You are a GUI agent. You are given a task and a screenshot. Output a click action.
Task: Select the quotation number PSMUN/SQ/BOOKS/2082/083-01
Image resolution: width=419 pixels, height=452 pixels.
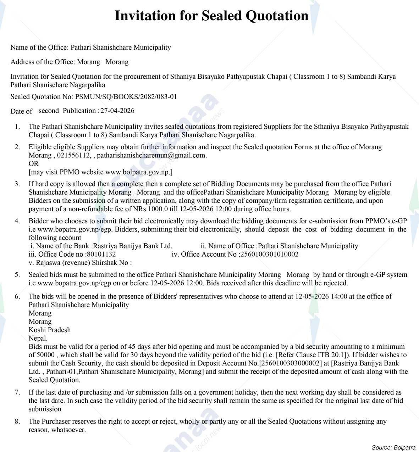coord(126,97)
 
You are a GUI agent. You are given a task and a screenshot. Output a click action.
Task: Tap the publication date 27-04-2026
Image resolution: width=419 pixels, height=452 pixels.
coord(117,111)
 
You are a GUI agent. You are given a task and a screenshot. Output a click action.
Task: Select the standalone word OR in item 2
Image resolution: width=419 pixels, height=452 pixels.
coord(34,164)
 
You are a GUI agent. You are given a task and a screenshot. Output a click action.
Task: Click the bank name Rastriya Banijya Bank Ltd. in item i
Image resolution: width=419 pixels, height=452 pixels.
coord(132,246)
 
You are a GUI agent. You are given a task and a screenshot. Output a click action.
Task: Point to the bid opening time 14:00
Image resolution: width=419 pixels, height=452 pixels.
coord(339,296)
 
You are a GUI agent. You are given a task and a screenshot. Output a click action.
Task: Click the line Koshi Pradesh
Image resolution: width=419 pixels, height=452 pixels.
coord(50,330)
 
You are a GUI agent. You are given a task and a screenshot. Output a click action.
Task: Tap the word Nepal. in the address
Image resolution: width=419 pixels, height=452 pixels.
coord(38,338)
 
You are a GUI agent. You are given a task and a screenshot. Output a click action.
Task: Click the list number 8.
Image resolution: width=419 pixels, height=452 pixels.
coord(17,422)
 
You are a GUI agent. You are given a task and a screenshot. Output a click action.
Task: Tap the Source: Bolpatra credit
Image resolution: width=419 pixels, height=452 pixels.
coord(393,447)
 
